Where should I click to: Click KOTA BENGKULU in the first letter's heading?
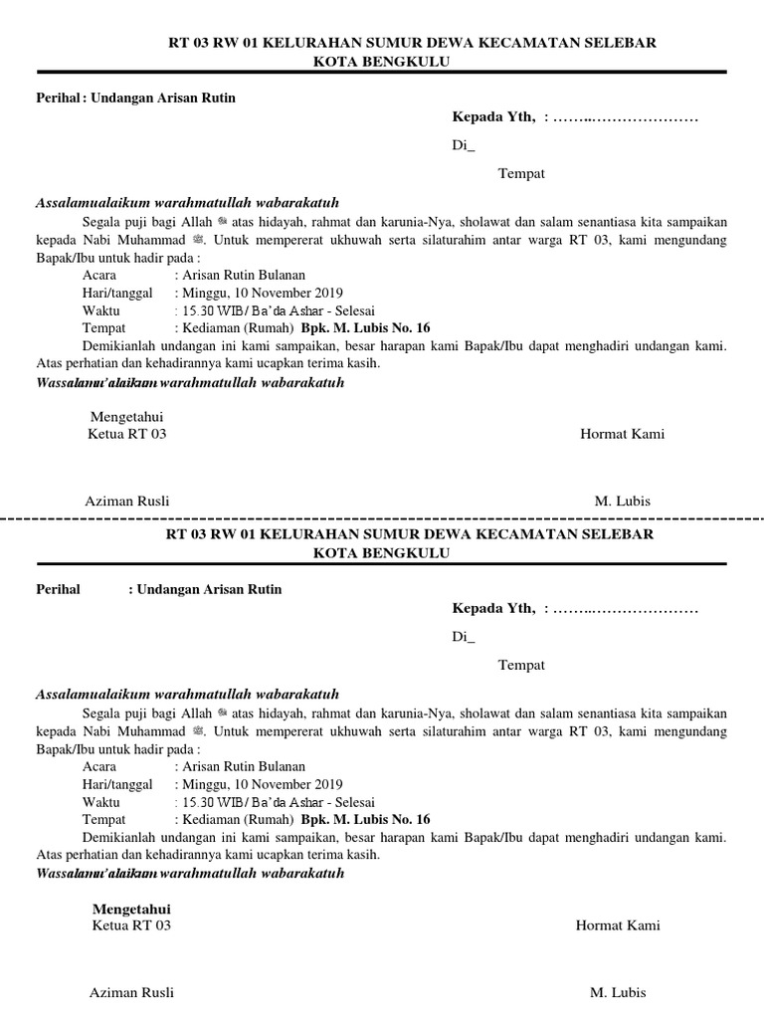pos(382,62)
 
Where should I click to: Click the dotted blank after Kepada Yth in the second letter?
pos(626,609)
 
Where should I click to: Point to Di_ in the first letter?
pos(464,145)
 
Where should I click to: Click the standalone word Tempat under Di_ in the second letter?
pos(521,665)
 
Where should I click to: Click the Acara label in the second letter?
pos(99,766)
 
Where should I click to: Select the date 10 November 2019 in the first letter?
pos(288,293)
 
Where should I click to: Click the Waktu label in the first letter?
pos(101,310)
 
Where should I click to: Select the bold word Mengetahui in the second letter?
pos(131,909)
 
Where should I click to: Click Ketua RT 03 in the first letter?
pos(127,434)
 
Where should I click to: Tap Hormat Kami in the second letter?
pos(618,925)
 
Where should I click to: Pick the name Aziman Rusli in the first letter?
pos(134,501)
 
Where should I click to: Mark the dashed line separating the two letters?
pos(382,518)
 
